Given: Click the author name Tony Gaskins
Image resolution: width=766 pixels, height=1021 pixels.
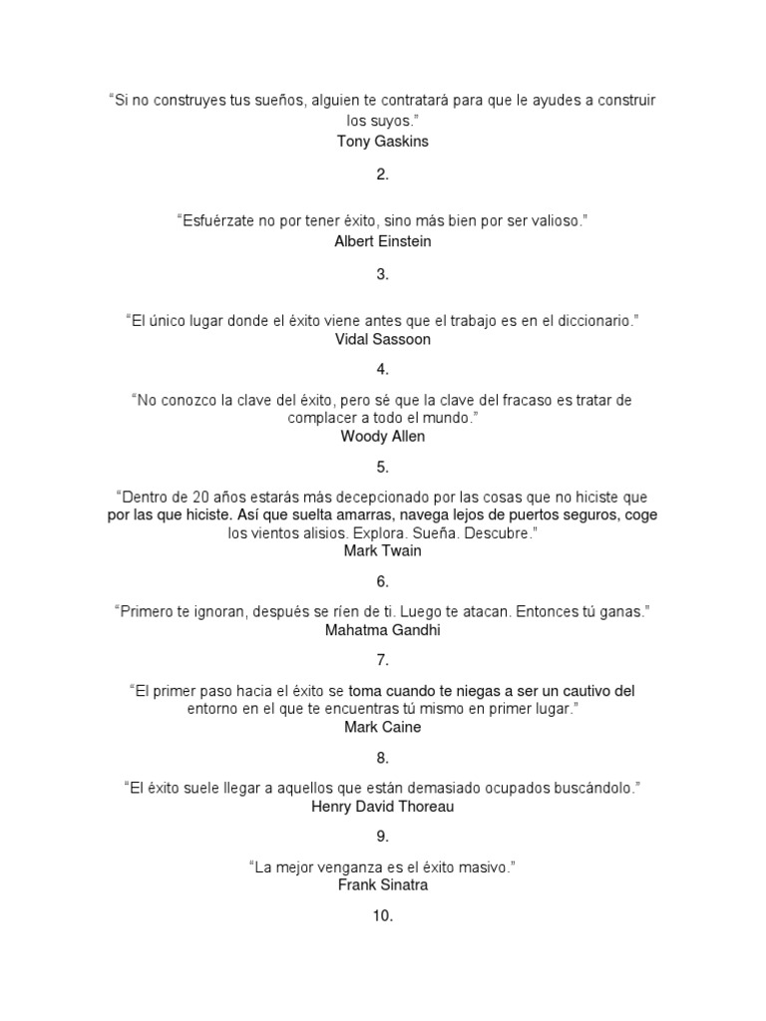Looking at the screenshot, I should coord(383,142).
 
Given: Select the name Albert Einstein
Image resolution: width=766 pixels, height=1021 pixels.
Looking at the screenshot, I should coord(383,240).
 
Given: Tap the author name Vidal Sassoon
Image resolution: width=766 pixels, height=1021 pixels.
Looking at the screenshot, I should coord(383,339).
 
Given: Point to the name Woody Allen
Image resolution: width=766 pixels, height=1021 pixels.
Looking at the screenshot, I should coord(383,436).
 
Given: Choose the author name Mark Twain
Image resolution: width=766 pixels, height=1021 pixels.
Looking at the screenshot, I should coord(383,550).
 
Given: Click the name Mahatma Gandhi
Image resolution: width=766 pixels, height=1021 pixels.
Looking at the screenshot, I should coord(383,629).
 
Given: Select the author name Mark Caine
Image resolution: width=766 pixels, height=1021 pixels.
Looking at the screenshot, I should coord(383,727).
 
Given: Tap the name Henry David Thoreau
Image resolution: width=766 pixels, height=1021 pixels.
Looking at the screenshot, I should coord(383,806).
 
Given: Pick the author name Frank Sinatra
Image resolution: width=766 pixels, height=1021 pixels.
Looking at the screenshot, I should coord(383,884).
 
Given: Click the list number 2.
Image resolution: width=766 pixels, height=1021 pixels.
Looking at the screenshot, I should coord(383,174).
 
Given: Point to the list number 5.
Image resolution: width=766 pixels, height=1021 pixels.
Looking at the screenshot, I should coord(383,467).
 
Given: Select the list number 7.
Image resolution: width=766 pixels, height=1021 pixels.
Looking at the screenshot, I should coord(383,660).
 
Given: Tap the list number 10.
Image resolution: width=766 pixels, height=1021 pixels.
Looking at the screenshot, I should coord(383,915).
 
